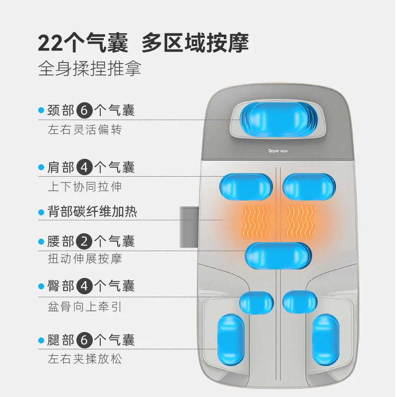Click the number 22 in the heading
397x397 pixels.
51,43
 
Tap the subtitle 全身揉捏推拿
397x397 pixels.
89,68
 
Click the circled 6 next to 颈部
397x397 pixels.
85,110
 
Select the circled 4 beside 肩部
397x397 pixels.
85,167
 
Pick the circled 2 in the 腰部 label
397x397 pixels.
85,242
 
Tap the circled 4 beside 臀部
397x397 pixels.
85,286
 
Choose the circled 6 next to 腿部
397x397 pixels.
85,340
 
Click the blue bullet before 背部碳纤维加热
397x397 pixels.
41,212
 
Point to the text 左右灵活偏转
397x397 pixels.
84,131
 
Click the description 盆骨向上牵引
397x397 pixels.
84,307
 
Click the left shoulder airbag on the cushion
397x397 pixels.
246,187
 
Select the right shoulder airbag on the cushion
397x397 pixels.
308,187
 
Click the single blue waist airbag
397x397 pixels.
278,256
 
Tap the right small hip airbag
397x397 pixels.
300,302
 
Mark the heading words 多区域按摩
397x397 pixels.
195,43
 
